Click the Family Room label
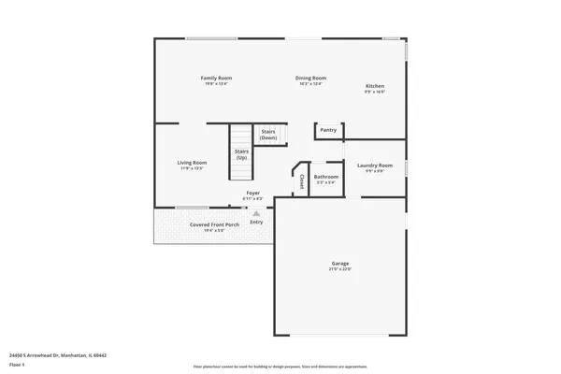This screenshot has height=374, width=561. pyautogui.click(x=217, y=78)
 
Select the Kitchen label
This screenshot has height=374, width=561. pyautogui.click(x=374, y=87)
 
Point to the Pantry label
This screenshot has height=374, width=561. pyautogui.click(x=328, y=130)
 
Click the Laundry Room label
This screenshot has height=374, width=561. pyautogui.click(x=374, y=165)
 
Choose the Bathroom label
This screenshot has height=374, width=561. pyautogui.click(x=326, y=177)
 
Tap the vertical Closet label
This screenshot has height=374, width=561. pyautogui.click(x=303, y=182)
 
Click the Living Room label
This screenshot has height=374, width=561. pyautogui.click(x=192, y=163)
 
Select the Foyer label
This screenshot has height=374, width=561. pyautogui.click(x=252, y=194)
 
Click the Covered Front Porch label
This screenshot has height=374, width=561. pyautogui.click(x=214, y=224)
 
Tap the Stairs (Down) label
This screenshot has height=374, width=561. pyautogui.click(x=268, y=135)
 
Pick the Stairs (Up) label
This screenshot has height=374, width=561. pyautogui.click(x=241, y=153)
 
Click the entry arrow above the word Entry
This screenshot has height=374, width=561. pyautogui.click(x=256, y=213)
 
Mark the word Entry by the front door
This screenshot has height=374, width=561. pyautogui.click(x=256, y=222)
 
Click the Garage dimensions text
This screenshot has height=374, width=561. pyautogui.click(x=339, y=269)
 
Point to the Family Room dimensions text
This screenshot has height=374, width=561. pyautogui.click(x=217, y=84)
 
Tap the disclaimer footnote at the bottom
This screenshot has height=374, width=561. pyautogui.click(x=280, y=367)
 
